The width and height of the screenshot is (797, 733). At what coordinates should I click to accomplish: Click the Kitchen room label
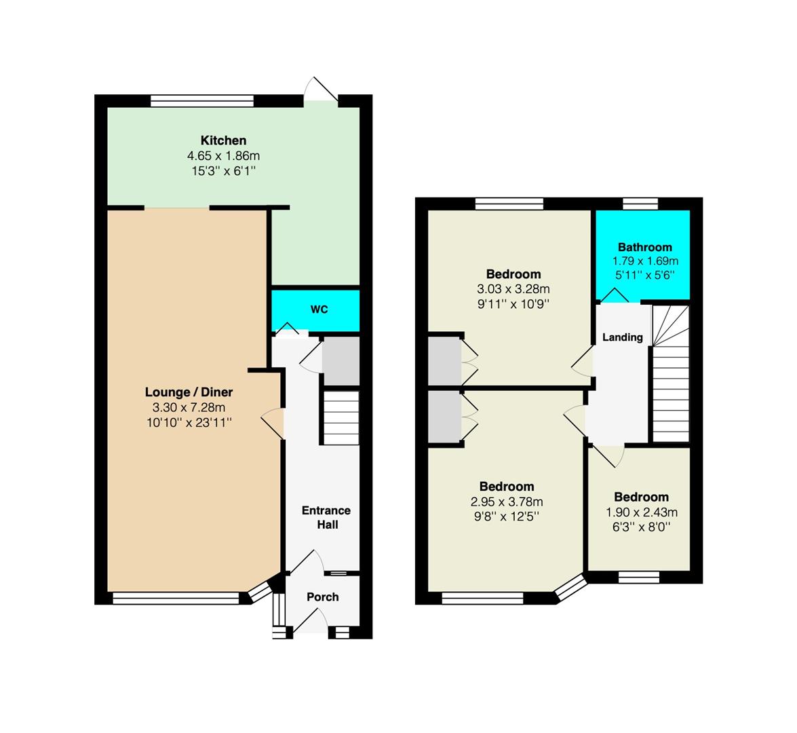pyautogui.click(x=223, y=140)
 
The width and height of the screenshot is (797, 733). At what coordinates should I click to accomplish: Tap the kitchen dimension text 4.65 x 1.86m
pyautogui.click(x=223, y=155)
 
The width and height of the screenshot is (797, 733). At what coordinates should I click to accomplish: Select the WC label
pyautogui.click(x=319, y=309)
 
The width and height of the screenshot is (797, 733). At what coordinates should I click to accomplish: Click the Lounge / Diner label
pyautogui.click(x=189, y=392)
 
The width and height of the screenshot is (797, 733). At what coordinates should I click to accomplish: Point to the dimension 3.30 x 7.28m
pyautogui.click(x=189, y=407)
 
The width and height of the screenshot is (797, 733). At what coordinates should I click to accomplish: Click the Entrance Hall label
pyautogui.click(x=326, y=517)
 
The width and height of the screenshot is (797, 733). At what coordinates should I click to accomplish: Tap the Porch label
pyautogui.click(x=323, y=597)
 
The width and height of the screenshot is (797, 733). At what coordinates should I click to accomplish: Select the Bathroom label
pyautogui.click(x=645, y=247)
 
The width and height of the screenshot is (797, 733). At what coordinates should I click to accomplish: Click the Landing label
pyautogui.click(x=623, y=337)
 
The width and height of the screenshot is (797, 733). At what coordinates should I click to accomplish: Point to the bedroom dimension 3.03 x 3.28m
pyautogui.click(x=513, y=289)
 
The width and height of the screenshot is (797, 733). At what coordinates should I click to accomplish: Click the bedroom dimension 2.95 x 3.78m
pyautogui.click(x=507, y=502)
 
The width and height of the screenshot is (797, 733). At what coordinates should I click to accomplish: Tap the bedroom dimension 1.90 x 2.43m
pyautogui.click(x=642, y=512)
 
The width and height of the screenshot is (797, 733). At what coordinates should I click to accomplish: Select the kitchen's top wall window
pyautogui.click(x=201, y=100)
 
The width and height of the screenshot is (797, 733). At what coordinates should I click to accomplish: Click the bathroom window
pyautogui.click(x=640, y=204)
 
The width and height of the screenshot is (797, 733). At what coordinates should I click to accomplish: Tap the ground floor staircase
pyautogui.click(x=341, y=418)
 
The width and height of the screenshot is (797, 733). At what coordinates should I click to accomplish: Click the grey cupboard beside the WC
pyautogui.click(x=341, y=360)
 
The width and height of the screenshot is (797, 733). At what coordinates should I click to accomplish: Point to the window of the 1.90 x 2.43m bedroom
pyautogui.click(x=639, y=577)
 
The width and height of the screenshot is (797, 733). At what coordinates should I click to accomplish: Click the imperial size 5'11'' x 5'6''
pyautogui.click(x=645, y=275)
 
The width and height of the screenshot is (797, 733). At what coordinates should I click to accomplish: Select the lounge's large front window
pyautogui.click(x=176, y=598)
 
